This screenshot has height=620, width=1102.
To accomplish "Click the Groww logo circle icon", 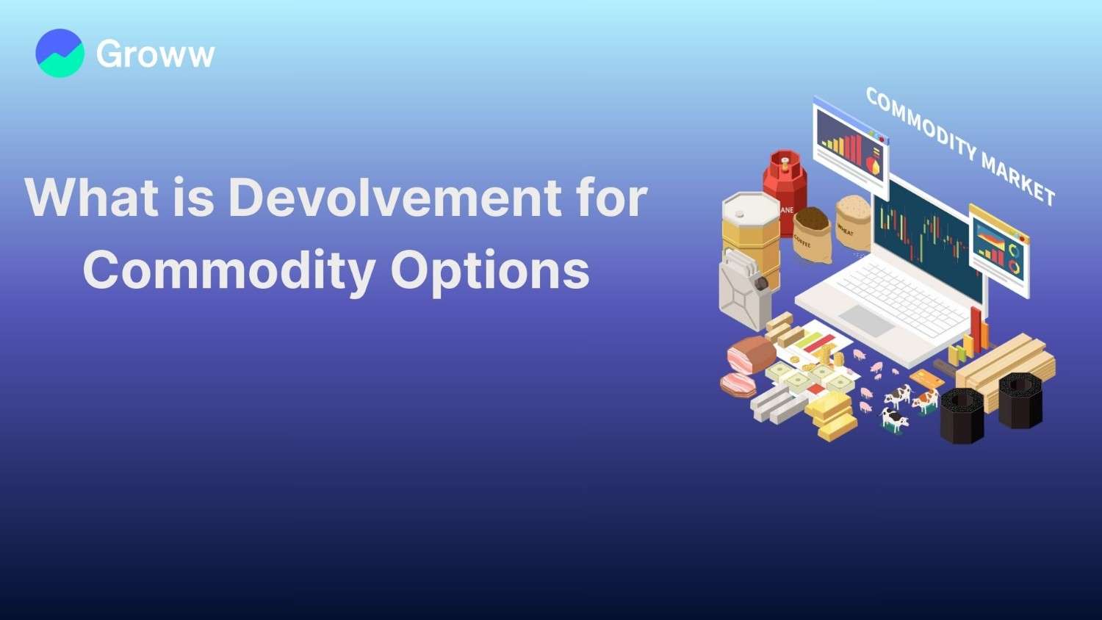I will coord(60,54).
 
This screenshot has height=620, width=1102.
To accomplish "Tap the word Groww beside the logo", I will coord(155,54).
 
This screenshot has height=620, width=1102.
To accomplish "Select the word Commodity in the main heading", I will coord(228,270).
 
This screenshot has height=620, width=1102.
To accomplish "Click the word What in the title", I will coord(91,198).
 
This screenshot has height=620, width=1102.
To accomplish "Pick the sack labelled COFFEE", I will coord(812,234).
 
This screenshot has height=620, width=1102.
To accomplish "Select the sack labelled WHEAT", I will coord(852,222).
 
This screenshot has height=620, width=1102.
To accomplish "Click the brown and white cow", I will coord(925,400).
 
